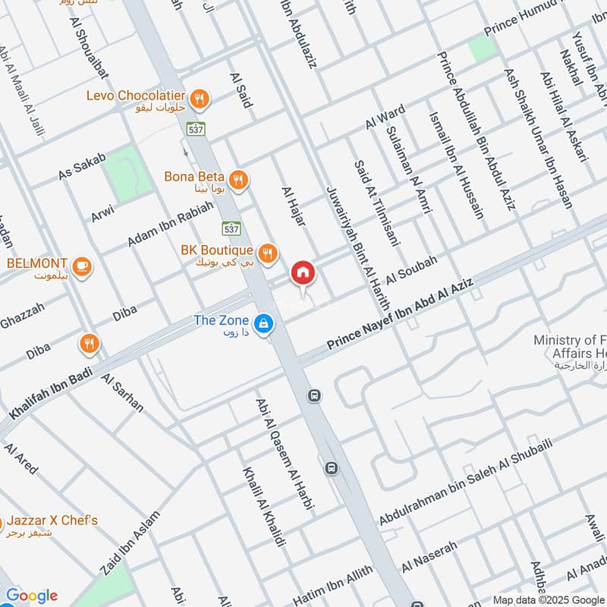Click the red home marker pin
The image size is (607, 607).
point(302,272)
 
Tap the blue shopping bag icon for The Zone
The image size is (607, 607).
point(263,323)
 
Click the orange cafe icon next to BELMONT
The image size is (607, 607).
point(82,266)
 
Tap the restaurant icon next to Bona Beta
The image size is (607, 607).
point(238,180)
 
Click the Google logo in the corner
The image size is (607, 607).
point(31,596)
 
